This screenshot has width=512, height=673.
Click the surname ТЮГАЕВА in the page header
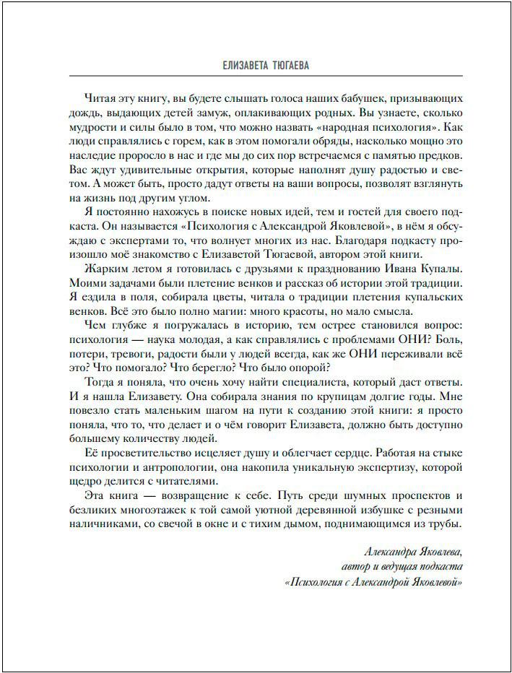tap(282, 66)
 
